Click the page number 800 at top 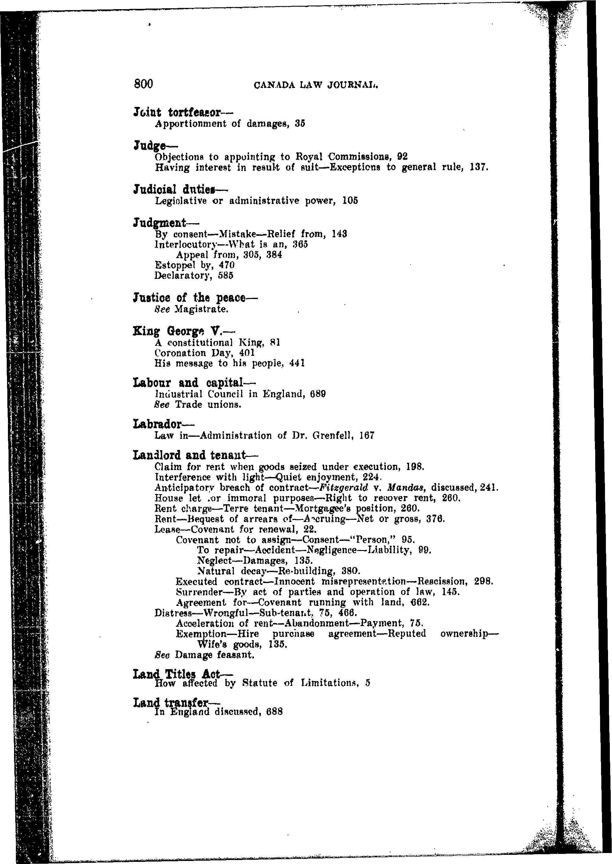(143, 84)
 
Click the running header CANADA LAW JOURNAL (316, 86)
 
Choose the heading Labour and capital (194, 383)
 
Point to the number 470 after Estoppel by (227, 265)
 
